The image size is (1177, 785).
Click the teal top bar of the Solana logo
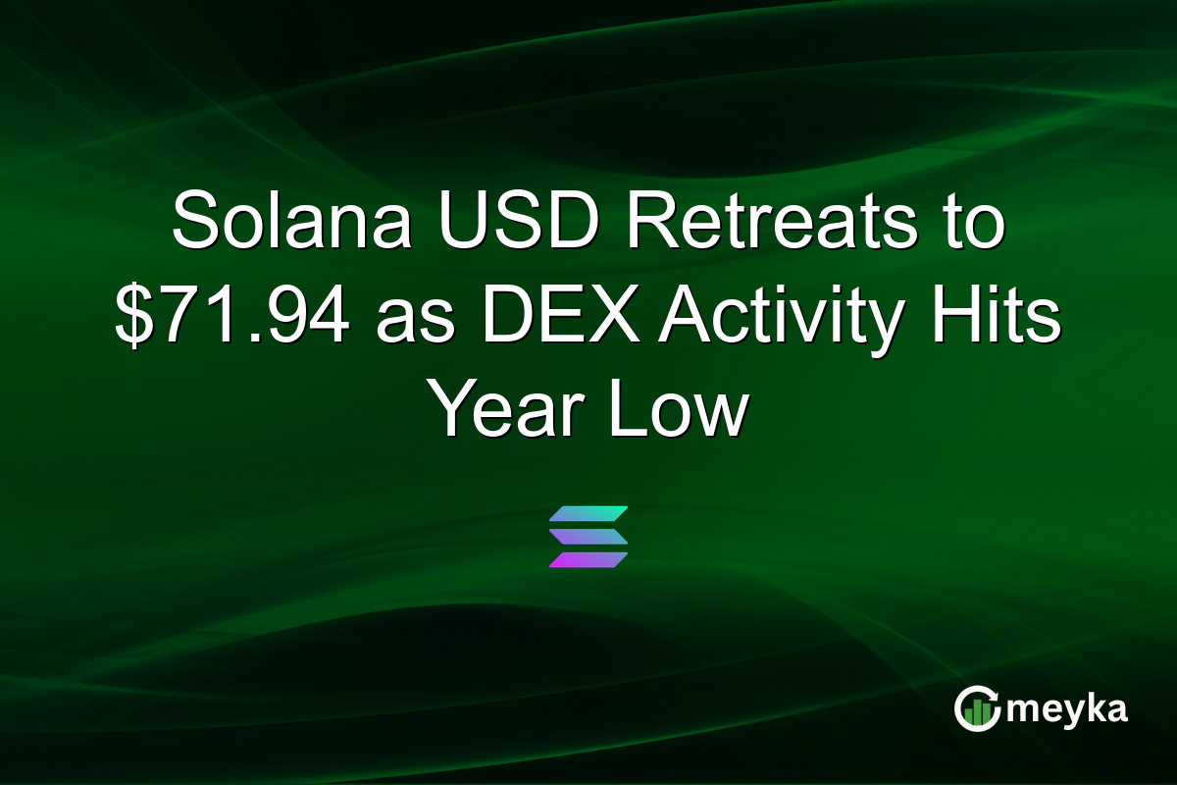588,514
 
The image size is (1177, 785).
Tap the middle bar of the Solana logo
588,537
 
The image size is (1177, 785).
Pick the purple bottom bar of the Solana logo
588,559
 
